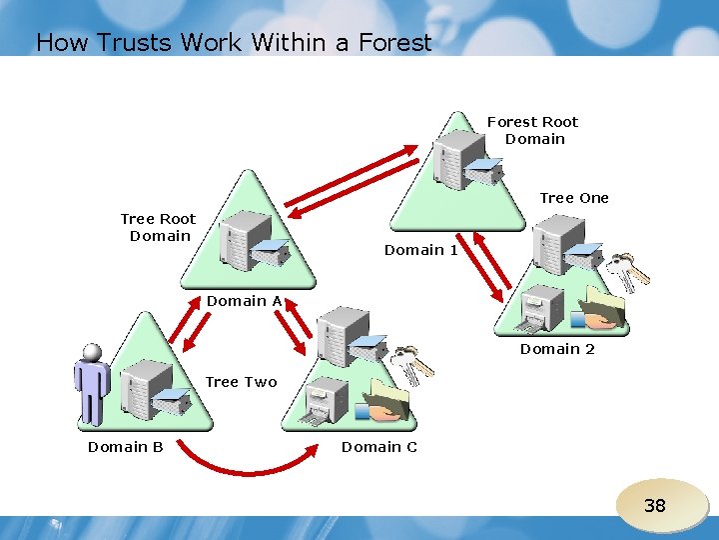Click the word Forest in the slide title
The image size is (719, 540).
(x=390, y=42)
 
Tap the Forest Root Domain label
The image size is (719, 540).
(x=533, y=130)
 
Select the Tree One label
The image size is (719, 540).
(x=573, y=198)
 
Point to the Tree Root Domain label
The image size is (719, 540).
(x=158, y=227)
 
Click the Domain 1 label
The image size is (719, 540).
(x=420, y=250)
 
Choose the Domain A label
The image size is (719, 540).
(x=244, y=301)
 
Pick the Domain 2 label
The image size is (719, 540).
(x=557, y=349)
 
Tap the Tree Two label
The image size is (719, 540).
(x=241, y=382)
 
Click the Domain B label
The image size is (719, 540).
(x=125, y=447)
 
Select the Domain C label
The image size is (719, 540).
(x=379, y=447)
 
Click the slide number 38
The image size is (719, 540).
(x=654, y=506)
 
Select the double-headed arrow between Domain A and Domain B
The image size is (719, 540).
(x=200, y=329)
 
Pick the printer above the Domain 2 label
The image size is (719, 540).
(x=545, y=310)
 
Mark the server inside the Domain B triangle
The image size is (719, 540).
(x=145, y=389)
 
